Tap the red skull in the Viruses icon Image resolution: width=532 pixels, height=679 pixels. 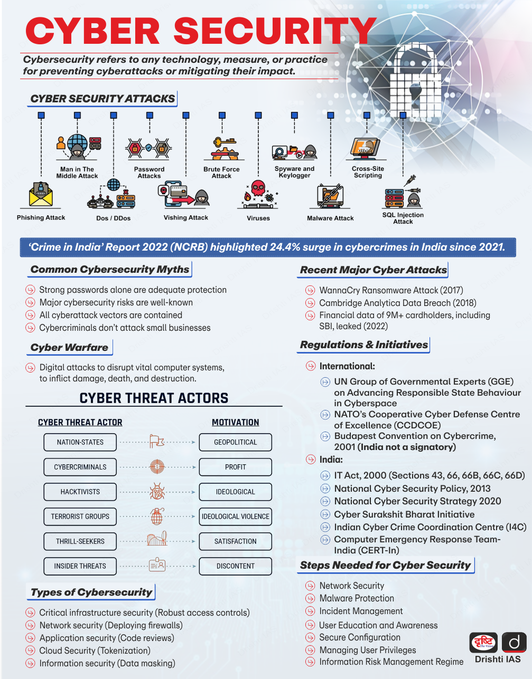point(258,188)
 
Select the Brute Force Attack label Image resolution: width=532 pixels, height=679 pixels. point(221,173)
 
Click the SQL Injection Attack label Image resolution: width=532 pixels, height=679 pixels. point(403,218)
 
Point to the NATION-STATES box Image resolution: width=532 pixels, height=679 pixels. point(80,442)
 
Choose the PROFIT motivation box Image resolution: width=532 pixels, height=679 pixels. point(235,467)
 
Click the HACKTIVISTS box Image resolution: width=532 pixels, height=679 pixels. point(80,492)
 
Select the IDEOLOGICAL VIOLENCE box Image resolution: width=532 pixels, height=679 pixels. point(235,517)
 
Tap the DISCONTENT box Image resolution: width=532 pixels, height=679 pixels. point(235,566)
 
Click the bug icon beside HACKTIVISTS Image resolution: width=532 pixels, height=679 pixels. point(157,492)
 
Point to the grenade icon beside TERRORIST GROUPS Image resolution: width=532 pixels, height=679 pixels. point(156,516)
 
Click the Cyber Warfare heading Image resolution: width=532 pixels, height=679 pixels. point(69,347)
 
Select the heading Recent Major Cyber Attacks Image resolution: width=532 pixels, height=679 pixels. point(374,270)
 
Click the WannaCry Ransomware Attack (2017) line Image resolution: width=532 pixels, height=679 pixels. point(391,290)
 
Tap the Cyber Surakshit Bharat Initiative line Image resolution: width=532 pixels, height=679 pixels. point(404,514)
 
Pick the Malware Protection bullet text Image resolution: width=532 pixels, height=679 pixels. point(357,598)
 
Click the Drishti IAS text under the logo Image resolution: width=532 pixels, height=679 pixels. point(498,659)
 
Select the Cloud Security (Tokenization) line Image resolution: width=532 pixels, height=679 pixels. point(95,651)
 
